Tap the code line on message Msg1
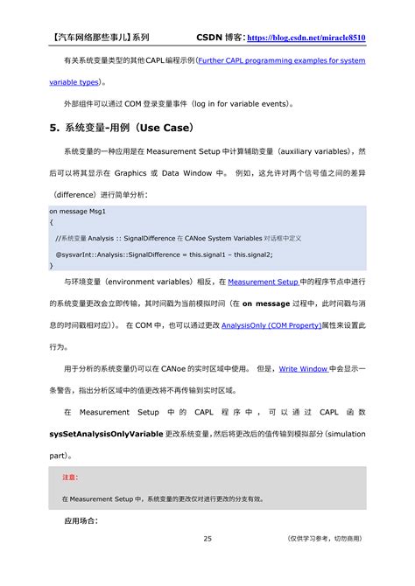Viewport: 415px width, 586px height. pyautogui.click(x=78, y=212)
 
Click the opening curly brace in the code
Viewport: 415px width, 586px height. pyautogui.click(x=51, y=224)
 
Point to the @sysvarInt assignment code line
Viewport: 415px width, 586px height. pyautogui.click(x=164, y=255)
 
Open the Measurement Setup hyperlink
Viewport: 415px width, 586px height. pyautogui.click(x=264, y=283)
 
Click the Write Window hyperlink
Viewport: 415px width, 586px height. pyautogui.click(x=303, y=369)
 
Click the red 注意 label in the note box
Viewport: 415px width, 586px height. pyautogui.click(x=69, y=478)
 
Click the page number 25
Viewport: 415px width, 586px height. pyautogui.click(x=207, y=539)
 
